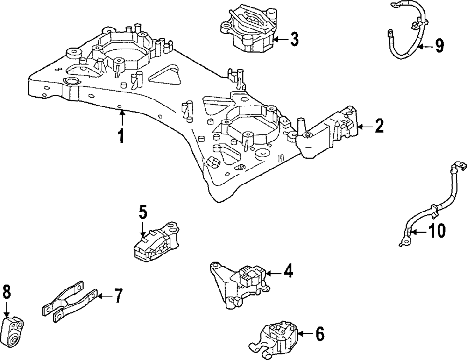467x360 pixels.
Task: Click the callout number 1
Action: point(120,136)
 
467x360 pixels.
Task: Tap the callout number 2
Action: point(379,126)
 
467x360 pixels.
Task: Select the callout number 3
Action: point(294,39)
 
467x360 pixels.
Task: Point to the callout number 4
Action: point(288,272)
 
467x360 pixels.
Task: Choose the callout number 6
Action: point(319,333)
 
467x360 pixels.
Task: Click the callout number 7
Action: point(118,296)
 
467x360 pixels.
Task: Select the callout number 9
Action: point(439,46)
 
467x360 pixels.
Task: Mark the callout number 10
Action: point(437,231)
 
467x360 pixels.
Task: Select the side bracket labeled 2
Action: point(328,131)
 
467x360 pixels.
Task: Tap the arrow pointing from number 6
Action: point(305,334)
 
